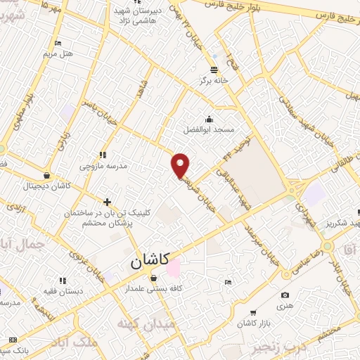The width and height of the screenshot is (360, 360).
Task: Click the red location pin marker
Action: tap(181, 165)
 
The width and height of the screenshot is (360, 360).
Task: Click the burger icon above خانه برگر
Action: tap(213, 68)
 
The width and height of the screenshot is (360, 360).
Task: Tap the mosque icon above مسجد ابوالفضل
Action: tap(209, 119)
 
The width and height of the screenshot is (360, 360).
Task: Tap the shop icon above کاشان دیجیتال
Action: tap(46, 175)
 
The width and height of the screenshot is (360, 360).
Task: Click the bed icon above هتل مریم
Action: tap(58, 43)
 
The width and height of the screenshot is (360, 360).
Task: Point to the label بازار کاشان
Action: tap(255, 321)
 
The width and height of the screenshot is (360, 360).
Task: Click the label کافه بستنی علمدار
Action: tap(153, 289)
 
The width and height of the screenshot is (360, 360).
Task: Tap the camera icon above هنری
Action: tap(284, 295)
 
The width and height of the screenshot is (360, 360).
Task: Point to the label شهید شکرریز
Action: tap(331, 223)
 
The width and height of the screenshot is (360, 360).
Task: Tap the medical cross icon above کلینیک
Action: tap(107, 202)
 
